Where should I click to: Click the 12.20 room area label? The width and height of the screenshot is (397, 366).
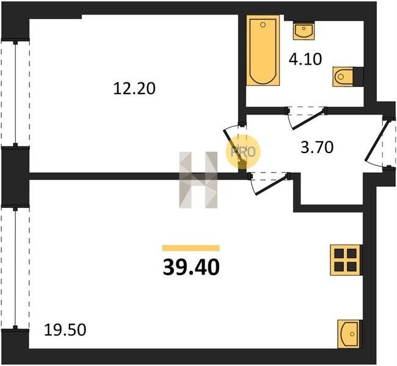coord(134,88)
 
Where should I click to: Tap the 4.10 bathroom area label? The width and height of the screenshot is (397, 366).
coord(305,59)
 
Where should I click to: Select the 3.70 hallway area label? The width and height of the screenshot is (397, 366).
coord(317,148)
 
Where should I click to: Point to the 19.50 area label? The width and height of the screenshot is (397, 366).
coord(65,330)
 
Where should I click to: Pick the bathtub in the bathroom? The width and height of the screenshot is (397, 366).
coord(263,51)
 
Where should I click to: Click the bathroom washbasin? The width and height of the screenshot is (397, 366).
coord(304,30)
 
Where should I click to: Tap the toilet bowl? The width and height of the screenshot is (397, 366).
coord(343,76)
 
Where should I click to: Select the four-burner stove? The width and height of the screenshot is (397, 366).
coord(346,260)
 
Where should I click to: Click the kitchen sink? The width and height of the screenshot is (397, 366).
coord(349,334)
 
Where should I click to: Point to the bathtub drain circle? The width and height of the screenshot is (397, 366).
coord(263,24)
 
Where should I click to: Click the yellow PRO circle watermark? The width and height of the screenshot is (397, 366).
coord(243,152)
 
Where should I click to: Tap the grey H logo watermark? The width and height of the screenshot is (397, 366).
coord(198,180)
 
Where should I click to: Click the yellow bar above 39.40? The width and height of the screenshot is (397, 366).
coord(191,248)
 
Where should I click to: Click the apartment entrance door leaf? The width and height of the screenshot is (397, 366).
coord(376,142)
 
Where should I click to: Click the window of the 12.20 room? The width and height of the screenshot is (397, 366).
coord(15,93)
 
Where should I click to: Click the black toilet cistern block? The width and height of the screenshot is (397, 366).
coord(359,76)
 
